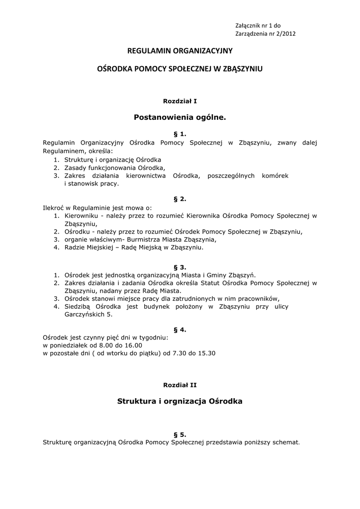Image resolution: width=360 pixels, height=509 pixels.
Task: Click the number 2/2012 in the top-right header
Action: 289,34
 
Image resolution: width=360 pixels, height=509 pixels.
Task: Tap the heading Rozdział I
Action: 180,101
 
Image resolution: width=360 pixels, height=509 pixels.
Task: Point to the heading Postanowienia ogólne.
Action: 180,118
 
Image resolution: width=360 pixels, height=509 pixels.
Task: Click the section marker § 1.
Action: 180,134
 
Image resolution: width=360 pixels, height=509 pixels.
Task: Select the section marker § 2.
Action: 180,199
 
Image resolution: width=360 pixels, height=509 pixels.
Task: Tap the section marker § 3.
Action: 180,267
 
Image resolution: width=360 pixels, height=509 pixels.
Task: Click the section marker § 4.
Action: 180,329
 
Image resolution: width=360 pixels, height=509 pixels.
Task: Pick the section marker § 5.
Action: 180,434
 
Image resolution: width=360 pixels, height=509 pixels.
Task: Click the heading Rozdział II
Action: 180,384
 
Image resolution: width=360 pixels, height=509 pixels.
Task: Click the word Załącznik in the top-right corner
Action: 250,25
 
